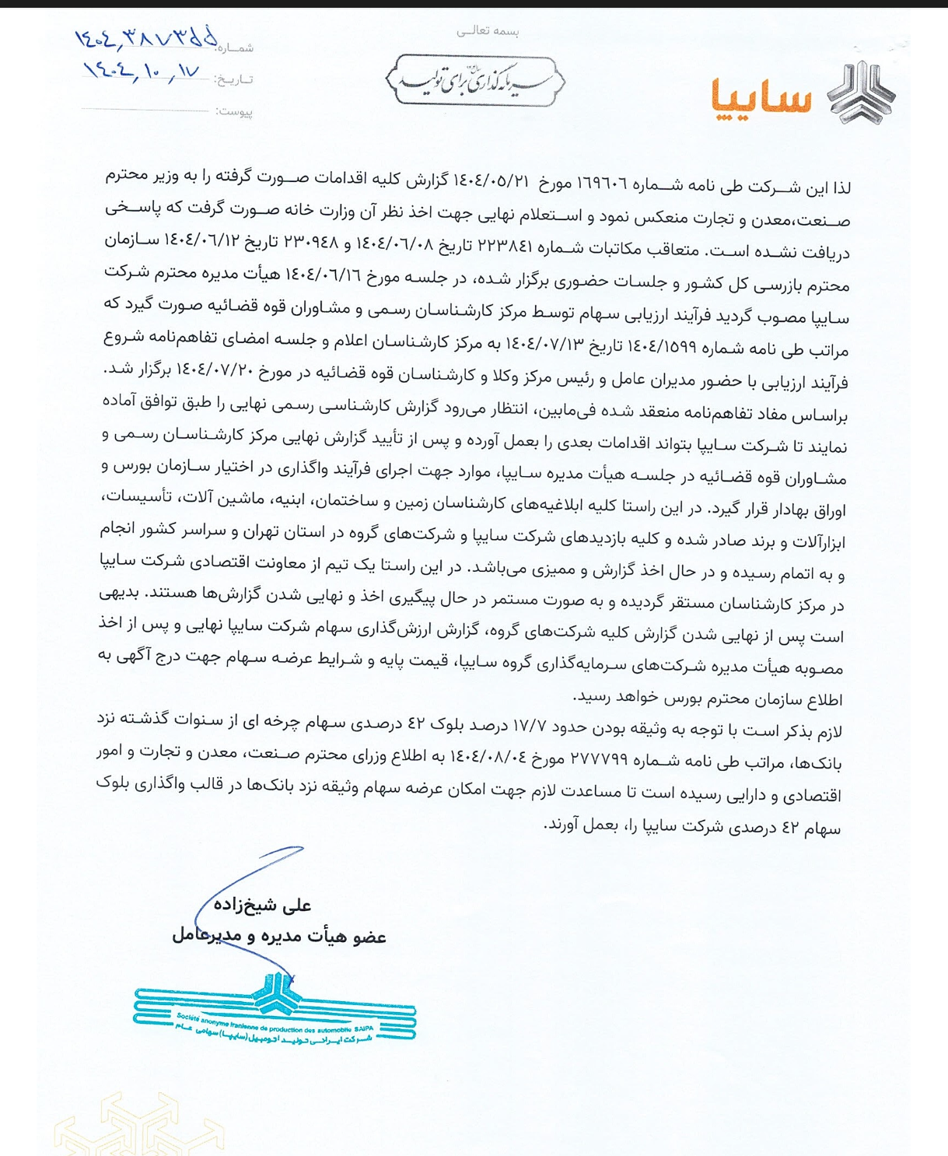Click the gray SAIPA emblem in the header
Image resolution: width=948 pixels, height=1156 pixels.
coord(861,93)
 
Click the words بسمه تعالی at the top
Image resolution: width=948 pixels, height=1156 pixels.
coord(488,31)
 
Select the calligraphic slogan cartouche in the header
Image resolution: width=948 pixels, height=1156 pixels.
coord(474,81)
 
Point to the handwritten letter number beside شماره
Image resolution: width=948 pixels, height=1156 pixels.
coord(145,39)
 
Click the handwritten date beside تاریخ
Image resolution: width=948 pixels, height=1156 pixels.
coord(142,71)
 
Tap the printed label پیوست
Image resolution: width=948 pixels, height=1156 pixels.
coord(234,111)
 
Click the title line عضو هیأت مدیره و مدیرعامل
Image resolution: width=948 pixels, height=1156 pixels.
coord(279,936)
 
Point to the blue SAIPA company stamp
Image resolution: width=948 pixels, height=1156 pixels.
coord(275,1011)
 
